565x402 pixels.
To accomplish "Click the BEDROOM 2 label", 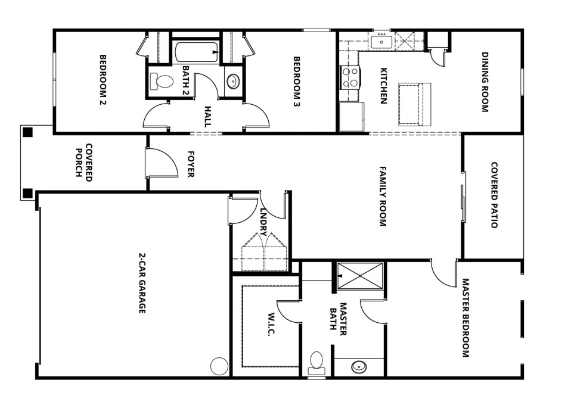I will (x=103, y=80).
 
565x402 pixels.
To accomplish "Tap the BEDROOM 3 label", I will (x=297, y=80).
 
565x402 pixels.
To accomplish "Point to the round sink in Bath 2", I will (x=232, y=80).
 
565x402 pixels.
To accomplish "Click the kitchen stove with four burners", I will (x=350, y=77).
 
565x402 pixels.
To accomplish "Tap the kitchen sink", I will (x=380, y=42).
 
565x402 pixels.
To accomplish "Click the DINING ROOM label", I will (x=485, y=82).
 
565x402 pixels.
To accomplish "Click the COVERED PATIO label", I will (x=494, y=195).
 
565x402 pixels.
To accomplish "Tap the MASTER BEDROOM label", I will (x=465, y=318).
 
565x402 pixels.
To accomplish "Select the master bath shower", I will (x=360, y=276).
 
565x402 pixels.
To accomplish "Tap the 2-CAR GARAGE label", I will (x=142, y=283).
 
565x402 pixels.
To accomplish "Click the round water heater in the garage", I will (x=219, y=365).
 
